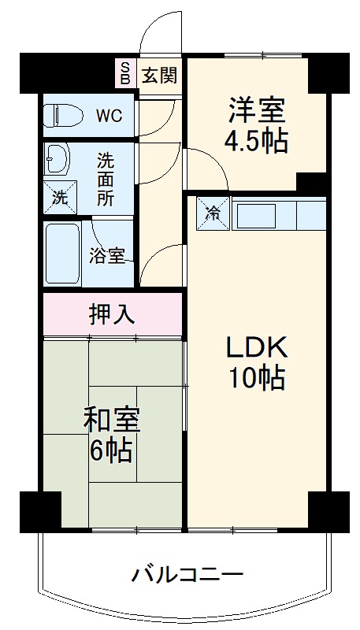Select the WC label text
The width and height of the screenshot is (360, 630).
(x=109, y=116)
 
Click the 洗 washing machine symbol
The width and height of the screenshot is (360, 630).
(x=58, y=197)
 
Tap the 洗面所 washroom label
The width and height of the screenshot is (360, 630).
(x=106, y=179)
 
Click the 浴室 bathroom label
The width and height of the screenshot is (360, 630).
(x=106, y=257)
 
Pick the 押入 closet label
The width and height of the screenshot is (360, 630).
(x=112, y=313)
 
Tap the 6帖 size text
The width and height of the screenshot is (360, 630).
(x=112, y=452)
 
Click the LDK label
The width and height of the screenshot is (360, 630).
(x=255, y=347)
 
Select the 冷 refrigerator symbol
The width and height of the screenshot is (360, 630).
(x=213, y=213)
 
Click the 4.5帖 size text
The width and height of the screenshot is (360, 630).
(x=255, y=142)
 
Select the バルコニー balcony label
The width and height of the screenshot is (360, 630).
(x=187, y=573)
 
